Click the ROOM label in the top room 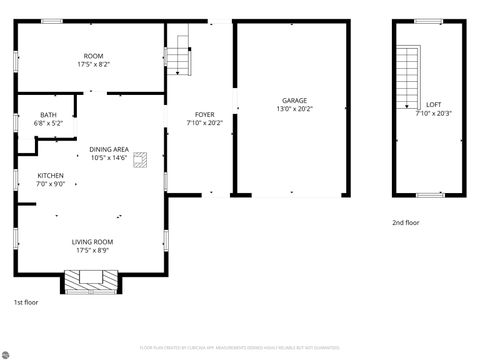coord(93,56)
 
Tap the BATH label coord(48,115)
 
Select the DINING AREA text coord(109,148)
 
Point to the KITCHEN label coord(23,175)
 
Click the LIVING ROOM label coord(92,242)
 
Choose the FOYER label coord(204,115)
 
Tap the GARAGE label coord(294,100)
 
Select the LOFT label coord(433,104)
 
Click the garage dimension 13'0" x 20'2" coord(294,109)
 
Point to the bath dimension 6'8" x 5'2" coord(48,123)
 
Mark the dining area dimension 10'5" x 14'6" coord(109,157)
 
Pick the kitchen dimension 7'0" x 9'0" coord(23,184)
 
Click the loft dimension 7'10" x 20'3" coord(433,113)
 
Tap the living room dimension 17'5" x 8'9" coord(92,251)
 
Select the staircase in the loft coord(407,78)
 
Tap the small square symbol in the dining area coord(140,157)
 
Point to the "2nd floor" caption coord(405,223)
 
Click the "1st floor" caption coord(25,301)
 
